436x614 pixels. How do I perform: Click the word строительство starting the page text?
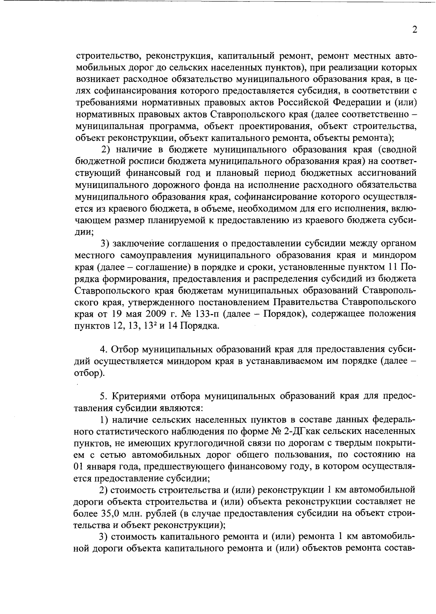pos(103,56)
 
